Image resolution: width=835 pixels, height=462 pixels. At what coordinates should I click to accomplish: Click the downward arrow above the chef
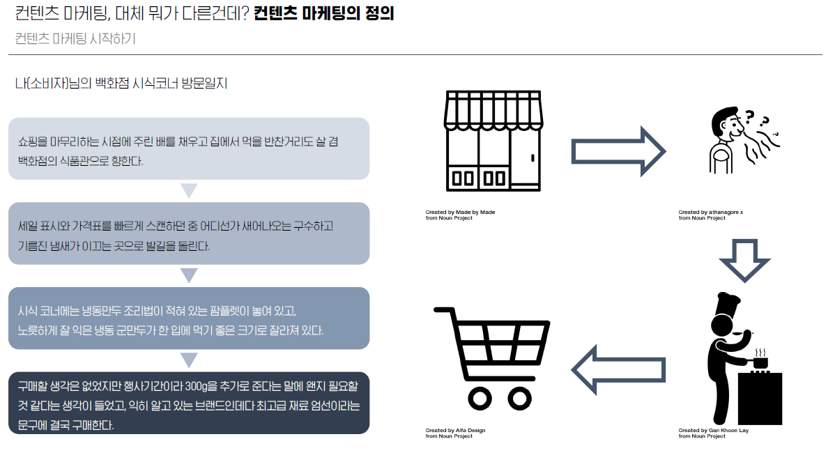click(x=744, y=259)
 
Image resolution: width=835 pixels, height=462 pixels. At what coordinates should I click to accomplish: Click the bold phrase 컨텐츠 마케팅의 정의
click(x=324, y=13)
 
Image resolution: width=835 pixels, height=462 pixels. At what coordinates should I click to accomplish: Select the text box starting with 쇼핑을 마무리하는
click(x=188, y=149)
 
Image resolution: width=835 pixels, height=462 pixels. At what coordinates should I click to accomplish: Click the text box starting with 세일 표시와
click(x=188, y=233)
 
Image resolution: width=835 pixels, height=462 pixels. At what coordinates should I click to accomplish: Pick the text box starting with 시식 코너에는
click(x=188, y=318)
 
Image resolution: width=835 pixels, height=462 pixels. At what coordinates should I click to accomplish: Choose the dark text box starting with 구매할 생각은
click(x=188, y=403)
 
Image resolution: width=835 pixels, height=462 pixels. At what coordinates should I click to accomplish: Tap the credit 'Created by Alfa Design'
click(x=455, y=431)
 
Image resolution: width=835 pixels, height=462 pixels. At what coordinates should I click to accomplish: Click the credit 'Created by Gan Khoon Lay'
click(x=713, y=431)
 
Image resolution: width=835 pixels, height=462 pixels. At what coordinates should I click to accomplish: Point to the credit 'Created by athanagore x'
click(x=711, y=212)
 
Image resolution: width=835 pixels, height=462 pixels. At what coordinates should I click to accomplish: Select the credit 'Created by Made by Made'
click(x=460, y=212)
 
